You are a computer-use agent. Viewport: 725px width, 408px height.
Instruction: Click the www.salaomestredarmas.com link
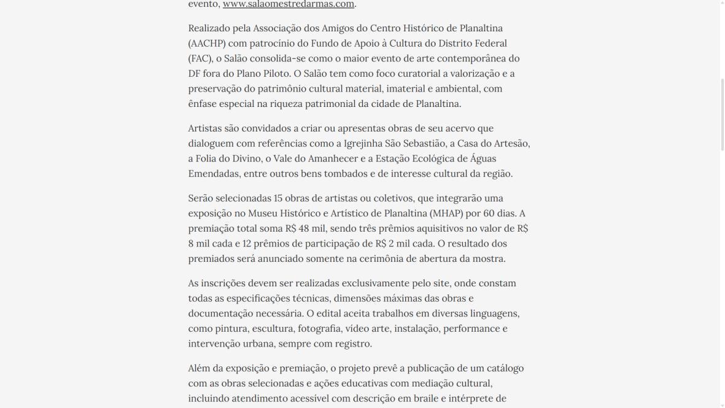pyautogui.click(x=289, y=4)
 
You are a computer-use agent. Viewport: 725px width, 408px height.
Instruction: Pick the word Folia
pyautogui.click(x=211, y=159)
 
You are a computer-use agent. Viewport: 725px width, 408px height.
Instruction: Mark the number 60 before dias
pyautogui.click(x=490, y=214)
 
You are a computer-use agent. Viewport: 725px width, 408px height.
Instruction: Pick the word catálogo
pyautogui.click(x=502, y=369)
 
